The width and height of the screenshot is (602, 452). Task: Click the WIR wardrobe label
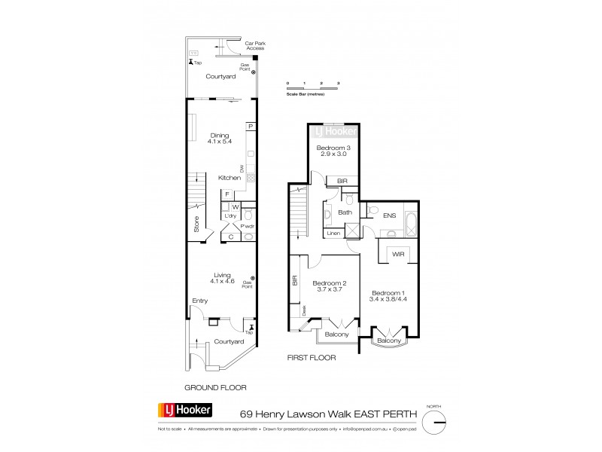click(x=398, y=255)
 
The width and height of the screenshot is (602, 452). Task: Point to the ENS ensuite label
click(x=389, y=216)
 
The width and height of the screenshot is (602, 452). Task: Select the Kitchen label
click(x=229, y=178)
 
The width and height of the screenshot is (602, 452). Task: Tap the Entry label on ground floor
click(x=199, y=301)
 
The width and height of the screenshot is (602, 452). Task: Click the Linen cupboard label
click(x=332, y=234)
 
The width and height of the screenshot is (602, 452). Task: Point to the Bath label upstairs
click(x=345, y=212)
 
